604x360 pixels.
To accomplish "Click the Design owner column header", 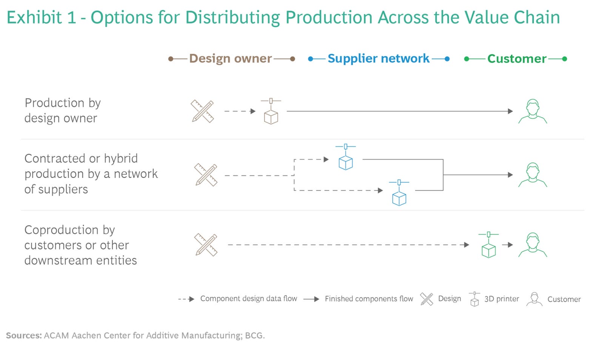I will pos(230,59).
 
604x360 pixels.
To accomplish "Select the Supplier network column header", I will pos(378,59).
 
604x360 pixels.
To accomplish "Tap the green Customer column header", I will pos(516,59).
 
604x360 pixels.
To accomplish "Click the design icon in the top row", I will pos(202,111).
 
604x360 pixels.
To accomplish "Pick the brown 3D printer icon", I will pos(271,112).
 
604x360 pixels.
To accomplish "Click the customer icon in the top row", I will pos(532,111).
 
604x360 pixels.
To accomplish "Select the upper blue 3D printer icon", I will pos(345,158).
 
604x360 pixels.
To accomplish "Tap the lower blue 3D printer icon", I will pos(399,193).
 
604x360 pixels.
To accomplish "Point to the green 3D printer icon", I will pos(488,245).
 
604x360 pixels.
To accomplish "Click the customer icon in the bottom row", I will pos(532,245).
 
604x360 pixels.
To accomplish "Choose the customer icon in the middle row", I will pos(532,175).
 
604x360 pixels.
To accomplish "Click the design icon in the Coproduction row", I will pos(206,245).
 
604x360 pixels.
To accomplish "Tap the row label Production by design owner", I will pos(63,110).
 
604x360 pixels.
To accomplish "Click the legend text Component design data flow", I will pos(248,299).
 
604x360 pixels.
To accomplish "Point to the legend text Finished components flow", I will pos(369,299).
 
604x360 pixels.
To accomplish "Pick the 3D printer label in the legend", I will pos(501,299).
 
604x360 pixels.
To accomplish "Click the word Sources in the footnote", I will pos(23,335).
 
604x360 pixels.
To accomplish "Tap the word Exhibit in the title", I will pos(34,18).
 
